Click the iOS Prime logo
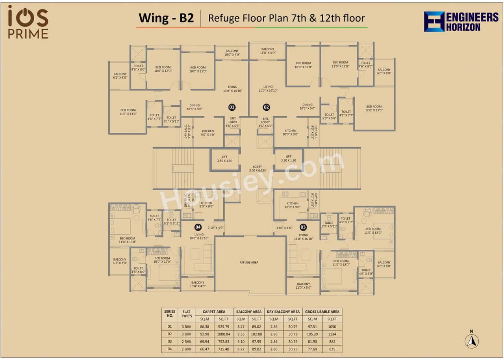click(x=28, y=22)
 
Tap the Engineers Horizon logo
click(x=461, y=22)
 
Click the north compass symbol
click(x=471, y=341)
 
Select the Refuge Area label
click(x=249, y=262)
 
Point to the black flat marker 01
click(x=232, y=107)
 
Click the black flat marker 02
click(x=267, y=107)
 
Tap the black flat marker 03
click(x=303, y=227)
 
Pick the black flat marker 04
click(x=198, y=227)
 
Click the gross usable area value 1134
click(x=332, y=334)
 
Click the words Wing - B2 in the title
click(x=166, y=18)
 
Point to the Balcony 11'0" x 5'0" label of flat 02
click(x=268, y=51)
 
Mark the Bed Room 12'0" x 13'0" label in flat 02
click(x=374, y=108)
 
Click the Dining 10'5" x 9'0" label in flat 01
click(x=195, y=107)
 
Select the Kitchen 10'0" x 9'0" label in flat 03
click(x=292, y=205)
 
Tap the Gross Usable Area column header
click(x=322, y=312)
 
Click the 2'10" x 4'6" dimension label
click(x=215, y=228)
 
